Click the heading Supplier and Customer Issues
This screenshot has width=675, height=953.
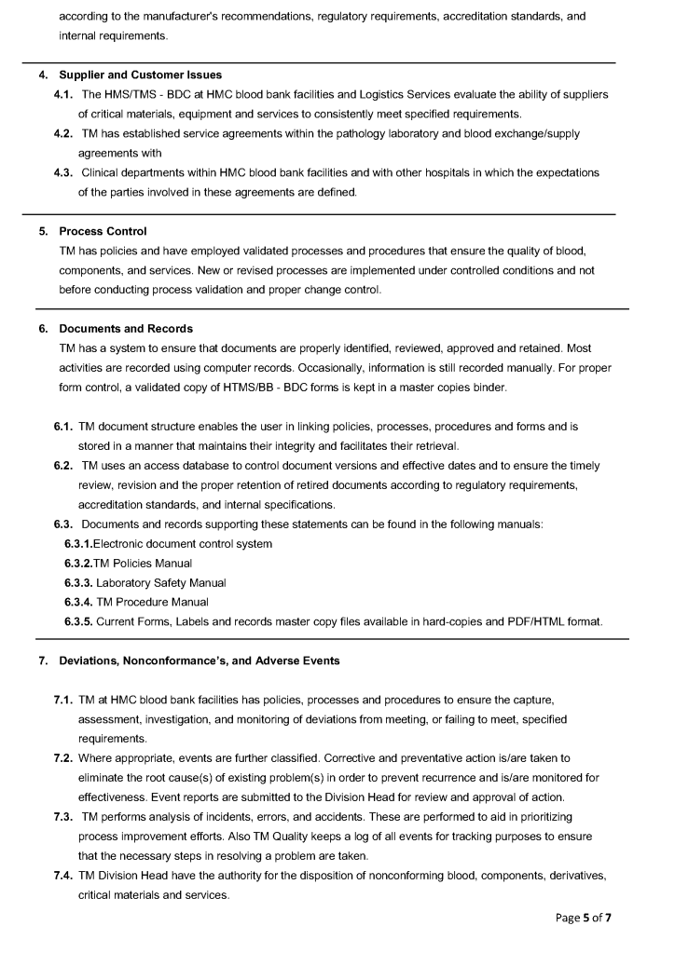pos(140,75)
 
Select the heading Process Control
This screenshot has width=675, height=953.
pos(103,230)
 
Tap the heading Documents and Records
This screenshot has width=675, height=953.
pos(126,328)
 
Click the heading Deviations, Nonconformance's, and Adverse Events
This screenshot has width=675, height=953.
pos(199,660)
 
